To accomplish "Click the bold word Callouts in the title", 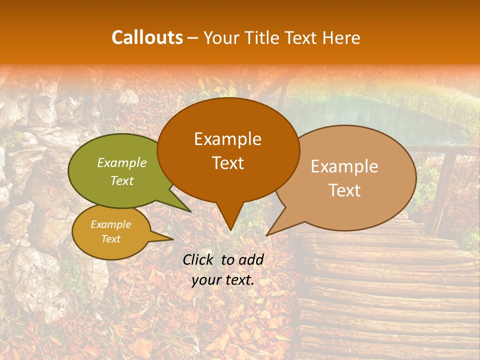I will [147, 37].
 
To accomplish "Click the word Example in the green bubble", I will [122, 162].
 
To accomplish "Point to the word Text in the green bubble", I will [122, 180].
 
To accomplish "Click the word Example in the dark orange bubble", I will [227, 139].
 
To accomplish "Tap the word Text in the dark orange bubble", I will [227, 163].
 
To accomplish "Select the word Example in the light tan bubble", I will [344, 166].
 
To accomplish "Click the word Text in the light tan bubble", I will [344, 190].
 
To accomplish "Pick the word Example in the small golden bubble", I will [110, 224].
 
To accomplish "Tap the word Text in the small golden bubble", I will [110, 239].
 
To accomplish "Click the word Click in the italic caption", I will [198, 259].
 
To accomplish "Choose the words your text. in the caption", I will [223, 280].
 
